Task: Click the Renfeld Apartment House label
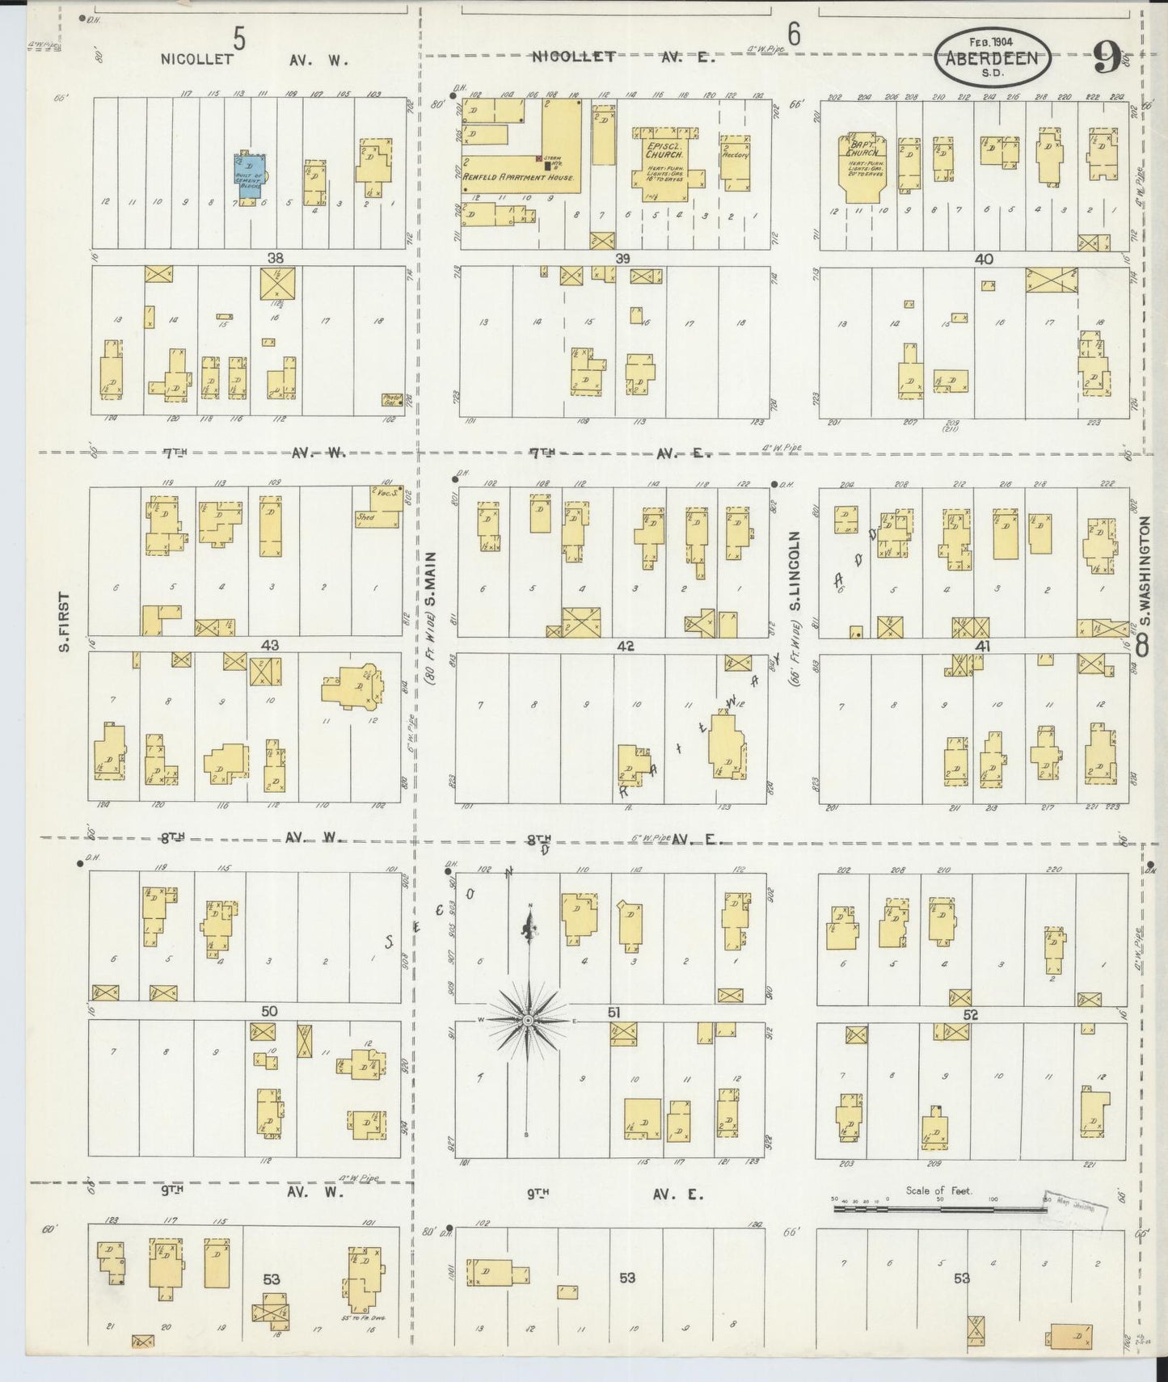[x=518, y=177]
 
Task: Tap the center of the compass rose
[x=528, y=1021]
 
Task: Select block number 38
[x=276, y=259]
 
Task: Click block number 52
[x=971, y=1015]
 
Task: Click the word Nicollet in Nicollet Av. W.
[x=196, y=59]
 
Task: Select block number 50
[x=269, y=1011]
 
